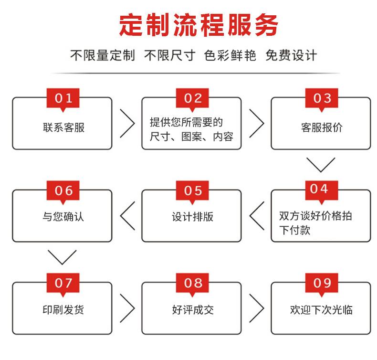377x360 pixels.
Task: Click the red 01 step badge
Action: [63, 99]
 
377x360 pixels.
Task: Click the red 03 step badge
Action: [322, 99]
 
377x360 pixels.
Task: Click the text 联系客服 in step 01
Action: [64, 127]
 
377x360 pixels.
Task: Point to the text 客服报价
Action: [322, 127]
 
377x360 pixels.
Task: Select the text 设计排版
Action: [193, 217]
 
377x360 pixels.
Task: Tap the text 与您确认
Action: [63, 216]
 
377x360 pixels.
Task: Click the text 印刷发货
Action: [63, 309]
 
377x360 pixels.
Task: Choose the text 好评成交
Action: [193, 310]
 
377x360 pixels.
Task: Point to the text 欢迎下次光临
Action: [322, 310]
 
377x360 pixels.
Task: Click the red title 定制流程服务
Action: [199, 25]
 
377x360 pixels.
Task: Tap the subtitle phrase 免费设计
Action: [291, 55]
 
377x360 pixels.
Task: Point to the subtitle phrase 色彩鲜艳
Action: [230, 55]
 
